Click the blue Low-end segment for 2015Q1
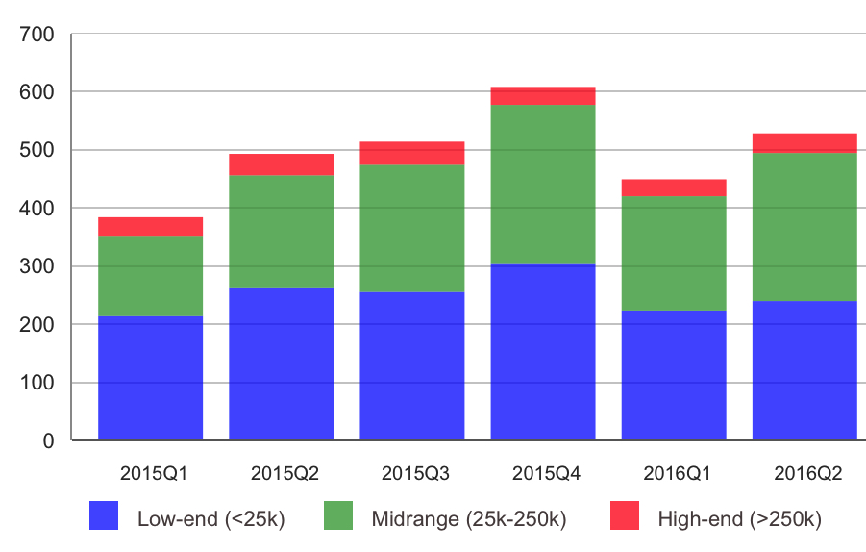(150, 378)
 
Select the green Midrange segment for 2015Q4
(543, 185)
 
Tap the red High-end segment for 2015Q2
(281, 164)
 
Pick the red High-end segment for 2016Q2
(804, 143)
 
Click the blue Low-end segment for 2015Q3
(412, 366)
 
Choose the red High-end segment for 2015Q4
(543, 96)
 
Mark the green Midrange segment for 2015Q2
(281, 231)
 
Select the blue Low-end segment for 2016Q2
(804, 370)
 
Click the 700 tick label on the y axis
(36, 35)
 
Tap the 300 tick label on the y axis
(36, 266)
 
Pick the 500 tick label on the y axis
(36, 151)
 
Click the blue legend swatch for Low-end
(104, 516)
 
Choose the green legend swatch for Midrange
(337, 516)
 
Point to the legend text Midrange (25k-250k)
(468, 520)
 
